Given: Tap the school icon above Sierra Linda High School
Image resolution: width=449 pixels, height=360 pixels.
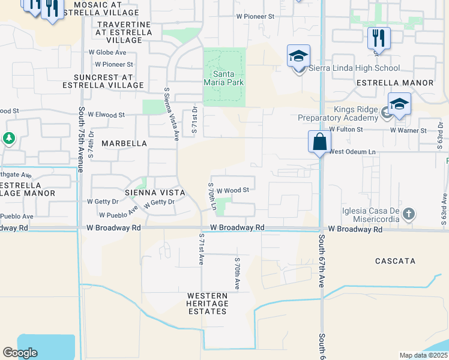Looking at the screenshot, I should (298, 56).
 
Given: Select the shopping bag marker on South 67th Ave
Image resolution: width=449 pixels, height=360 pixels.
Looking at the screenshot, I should (319, 143).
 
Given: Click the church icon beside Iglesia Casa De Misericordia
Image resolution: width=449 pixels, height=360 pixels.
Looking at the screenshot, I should (408, 214).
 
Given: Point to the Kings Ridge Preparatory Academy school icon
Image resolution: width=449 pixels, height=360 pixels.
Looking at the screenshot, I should (399, 104).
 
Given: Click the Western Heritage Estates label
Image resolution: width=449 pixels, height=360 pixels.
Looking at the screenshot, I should (207, 304).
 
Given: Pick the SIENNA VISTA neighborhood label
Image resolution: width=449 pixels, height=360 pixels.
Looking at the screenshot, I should (149, 193).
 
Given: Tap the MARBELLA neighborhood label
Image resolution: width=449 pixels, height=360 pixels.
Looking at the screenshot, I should (124, 143).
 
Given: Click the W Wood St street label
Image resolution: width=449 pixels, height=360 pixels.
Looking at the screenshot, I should (232, 190).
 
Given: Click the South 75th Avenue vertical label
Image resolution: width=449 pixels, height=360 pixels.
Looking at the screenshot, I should (80, 137).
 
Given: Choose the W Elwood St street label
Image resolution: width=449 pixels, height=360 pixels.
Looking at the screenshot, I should (106, 114).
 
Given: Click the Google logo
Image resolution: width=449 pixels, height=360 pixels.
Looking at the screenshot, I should (20, 353).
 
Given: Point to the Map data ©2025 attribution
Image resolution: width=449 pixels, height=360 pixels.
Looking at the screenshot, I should (423, 355).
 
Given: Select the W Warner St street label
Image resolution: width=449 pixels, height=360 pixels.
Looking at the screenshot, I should (408, 130).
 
